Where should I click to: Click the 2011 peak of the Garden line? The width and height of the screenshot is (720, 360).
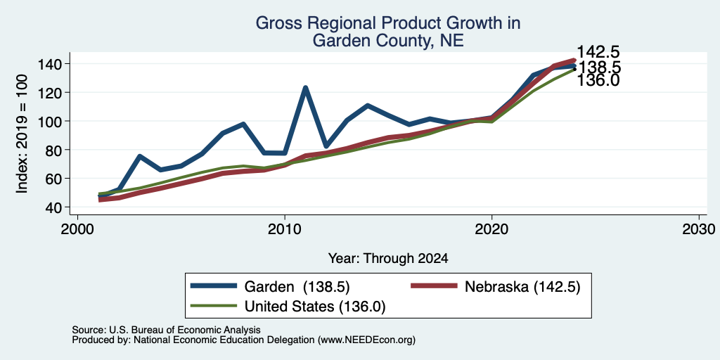pyautogui.click(x=305, y=87)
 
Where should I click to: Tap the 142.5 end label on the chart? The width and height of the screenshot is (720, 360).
pyautogui.click(x=598, y=52)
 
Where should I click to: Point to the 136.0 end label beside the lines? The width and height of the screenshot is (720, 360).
pyautogui.click(x=598, y=81)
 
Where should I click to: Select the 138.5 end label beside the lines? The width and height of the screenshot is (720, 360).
pyautogui.click(x=600, y=67)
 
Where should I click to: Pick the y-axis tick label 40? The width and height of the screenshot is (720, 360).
pyautogui.click(x=56, y=207)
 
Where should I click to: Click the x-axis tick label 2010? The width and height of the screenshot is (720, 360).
pyautogui.click(x=285, y=229)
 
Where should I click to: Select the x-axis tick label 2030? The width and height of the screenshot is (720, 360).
pyautogui.click(x=699, y=229)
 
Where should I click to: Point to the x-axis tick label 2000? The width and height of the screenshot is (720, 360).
pyautogui.click(x=77, y=229)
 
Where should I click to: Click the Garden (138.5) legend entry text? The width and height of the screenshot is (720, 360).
pyautogui.click(x=297, y=287)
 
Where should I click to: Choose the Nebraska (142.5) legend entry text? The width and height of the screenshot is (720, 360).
pyautogui.click(x=522, y=287)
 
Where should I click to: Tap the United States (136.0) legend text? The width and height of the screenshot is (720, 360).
pyautogui.click(x=315, y=307)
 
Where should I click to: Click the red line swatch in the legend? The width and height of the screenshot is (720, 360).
pyautogui.click(x=434, y=286)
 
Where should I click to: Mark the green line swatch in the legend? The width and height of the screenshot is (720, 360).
pyautogui.click(x=214, y=305)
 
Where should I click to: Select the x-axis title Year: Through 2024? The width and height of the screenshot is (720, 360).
pyautogui.click(x=388, y=259)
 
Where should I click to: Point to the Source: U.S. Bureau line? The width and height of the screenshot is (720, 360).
pyautogui.click(x=166, y=330)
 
